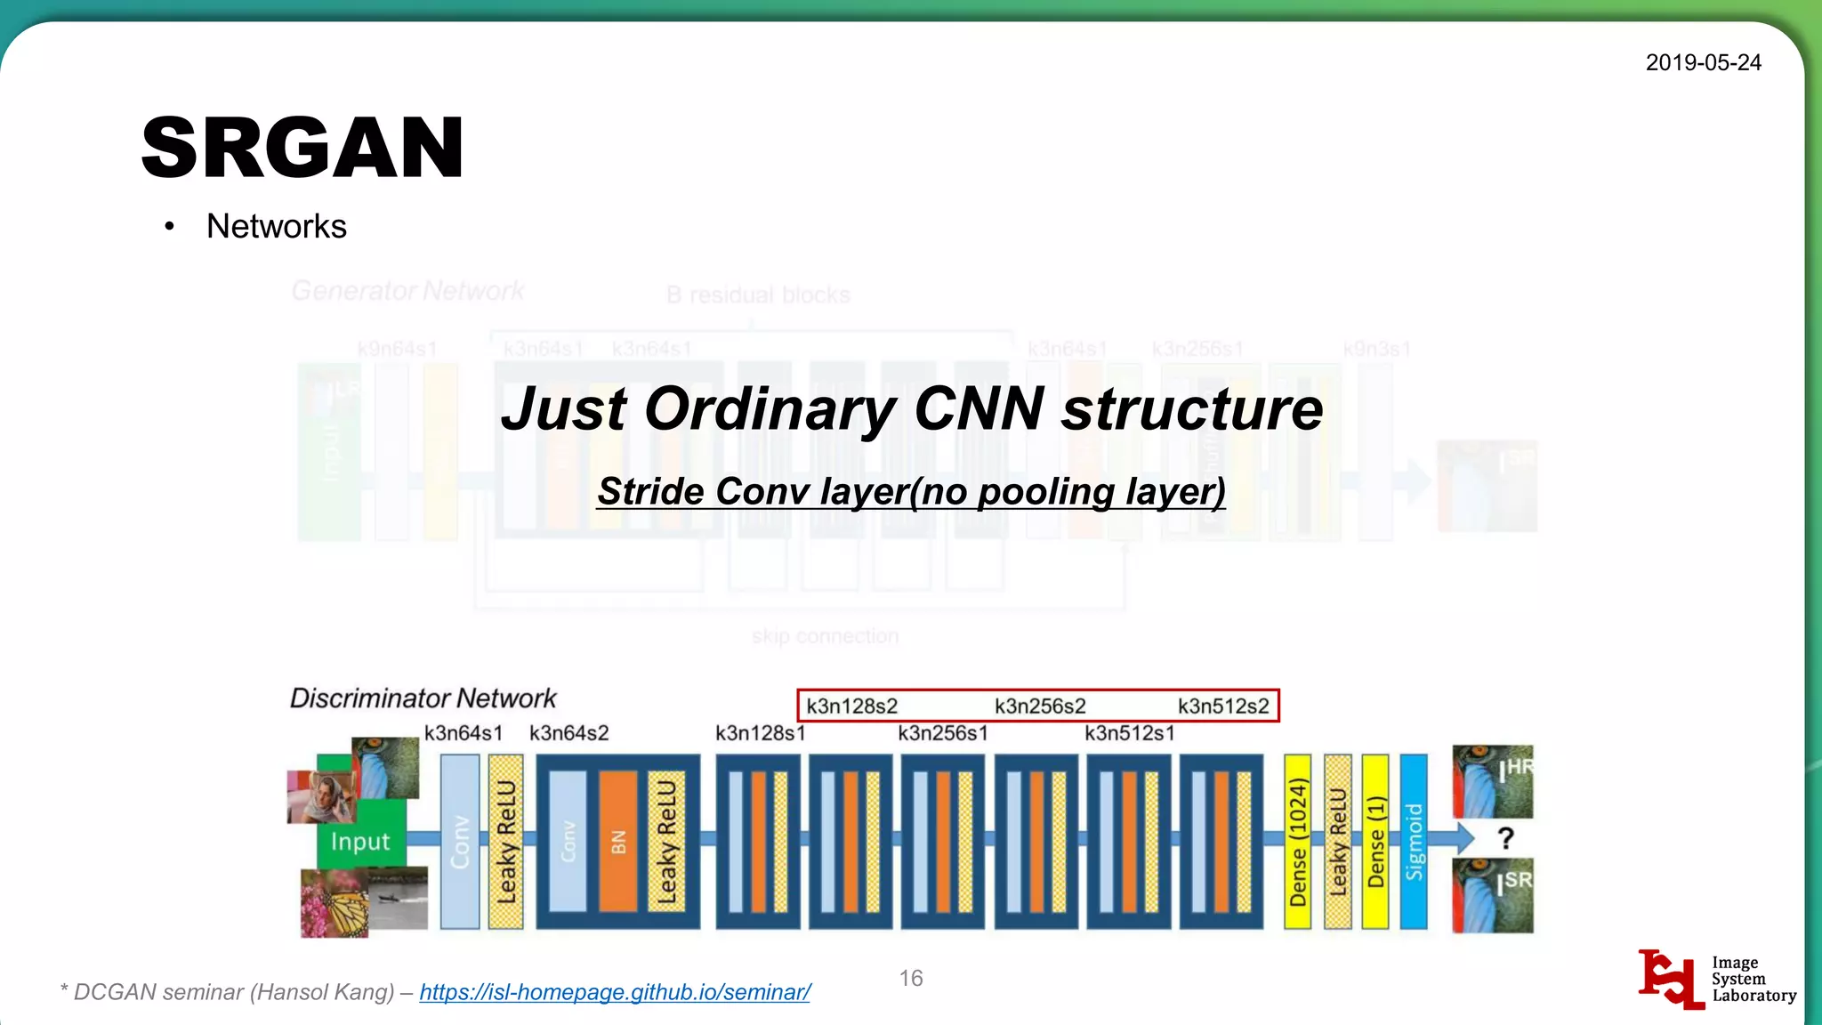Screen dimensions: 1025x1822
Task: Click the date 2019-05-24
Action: (x=1703, y=62)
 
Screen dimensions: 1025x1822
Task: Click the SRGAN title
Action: (x=302, y=148)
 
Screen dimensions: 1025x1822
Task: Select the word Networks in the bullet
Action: (x=276, y=226)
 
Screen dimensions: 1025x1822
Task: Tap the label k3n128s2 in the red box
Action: (x=851, y=706)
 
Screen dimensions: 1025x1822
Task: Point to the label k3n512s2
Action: (x=1223, y=706)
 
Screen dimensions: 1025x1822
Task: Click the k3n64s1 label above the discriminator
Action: (x=464, y=733)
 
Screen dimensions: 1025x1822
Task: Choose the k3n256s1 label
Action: (x=942, y=733)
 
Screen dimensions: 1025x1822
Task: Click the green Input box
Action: (x=360, y=841)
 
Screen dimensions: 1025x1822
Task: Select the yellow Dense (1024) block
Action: (x=1297, y=841)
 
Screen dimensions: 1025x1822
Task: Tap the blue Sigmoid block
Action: (x=1414, y=841)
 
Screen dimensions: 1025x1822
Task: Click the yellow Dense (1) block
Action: (x=1375, y=841)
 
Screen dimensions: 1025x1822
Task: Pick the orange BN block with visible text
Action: (x=618, y=841)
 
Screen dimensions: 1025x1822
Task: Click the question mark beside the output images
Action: (x=1505, y=837)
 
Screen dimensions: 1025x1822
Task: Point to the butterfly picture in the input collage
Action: (x=335, y=903)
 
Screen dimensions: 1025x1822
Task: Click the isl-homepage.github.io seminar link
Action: (x=614, y=992)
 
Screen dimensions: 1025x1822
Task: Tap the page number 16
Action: (x=910, y=978)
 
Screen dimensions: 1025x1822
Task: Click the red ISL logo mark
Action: (x=1670, y=979)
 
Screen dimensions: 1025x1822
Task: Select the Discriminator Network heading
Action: (x=423, y=698)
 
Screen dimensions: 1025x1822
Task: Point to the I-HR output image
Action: (x=1492, y=781)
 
